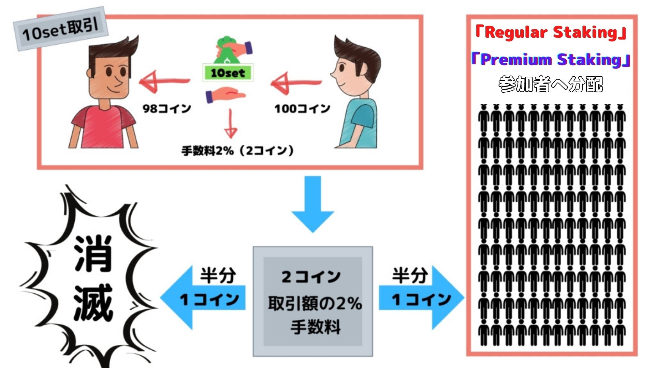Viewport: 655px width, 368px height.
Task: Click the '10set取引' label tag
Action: coord(61,29)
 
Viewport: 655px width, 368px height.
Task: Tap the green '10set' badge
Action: coord(228,73)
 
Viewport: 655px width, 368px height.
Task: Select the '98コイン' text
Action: coord(167,109)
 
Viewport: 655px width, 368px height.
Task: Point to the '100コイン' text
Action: coord(302,109)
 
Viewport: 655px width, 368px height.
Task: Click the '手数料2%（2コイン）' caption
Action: coord(237,150)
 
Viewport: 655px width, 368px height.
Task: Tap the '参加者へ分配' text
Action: coord(551,84)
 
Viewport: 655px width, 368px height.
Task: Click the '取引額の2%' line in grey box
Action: coord(315,303)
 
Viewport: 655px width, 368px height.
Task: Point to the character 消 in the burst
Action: coord(93,254)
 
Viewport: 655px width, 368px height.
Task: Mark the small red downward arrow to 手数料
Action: coord(231,125)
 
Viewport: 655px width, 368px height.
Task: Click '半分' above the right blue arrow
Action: coord(409,275)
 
